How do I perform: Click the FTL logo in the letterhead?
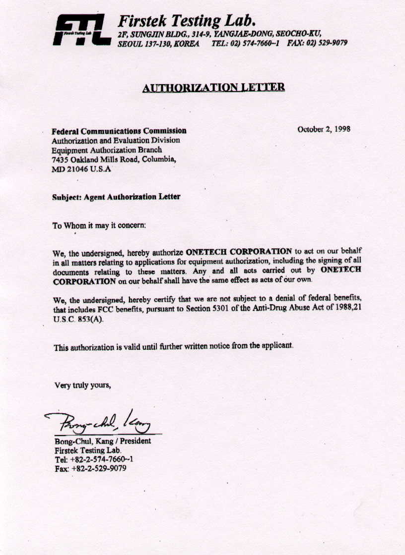tap(81, 30)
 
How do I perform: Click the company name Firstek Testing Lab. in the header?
tap(187, 21)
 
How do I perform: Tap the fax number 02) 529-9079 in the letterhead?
tap(326, 43)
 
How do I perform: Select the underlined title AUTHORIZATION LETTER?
tap(213, 88)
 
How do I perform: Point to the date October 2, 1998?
tap(324, 129)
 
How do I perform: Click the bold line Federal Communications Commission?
tap(119, 131)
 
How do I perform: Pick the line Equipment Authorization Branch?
tap(107, 150)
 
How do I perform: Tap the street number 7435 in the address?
tap(60, 159)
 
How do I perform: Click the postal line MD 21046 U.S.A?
tap(82, 169)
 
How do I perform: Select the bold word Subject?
tap(67, 197)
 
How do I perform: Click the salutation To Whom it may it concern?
tap(99, 225)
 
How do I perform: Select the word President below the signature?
tap(135, 441)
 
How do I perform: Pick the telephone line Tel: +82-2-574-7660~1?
tap(94, 459)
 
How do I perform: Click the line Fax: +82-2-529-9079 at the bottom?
tap(90, 468)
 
